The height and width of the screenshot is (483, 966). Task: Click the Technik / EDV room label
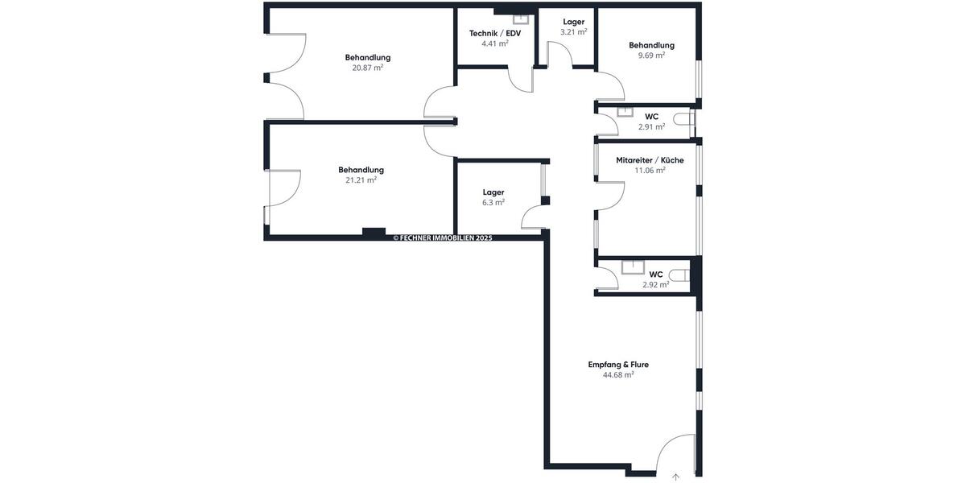(495, 33)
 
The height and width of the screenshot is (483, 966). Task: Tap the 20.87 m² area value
(367, 68)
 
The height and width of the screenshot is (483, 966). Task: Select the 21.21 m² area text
(361, 180)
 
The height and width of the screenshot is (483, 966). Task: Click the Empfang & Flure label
(618, 365)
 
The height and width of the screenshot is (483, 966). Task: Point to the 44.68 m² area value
(618, 375)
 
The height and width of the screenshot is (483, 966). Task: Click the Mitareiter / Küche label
(650, 160)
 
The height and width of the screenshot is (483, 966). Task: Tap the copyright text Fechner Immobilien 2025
(442, 238)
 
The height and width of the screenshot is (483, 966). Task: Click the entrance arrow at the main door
(675, 477)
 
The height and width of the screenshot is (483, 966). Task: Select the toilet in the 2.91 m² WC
(685, 120)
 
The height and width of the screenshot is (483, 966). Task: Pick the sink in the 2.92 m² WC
(634, 268)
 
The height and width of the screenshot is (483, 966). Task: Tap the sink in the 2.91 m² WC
(624, 112)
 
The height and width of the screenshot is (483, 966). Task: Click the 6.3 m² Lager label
(493, 192)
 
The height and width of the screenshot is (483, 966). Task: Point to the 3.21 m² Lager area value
(573, 32)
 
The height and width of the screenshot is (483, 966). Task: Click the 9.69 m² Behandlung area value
(651, 56)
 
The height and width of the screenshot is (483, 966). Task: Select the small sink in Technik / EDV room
(521, 18)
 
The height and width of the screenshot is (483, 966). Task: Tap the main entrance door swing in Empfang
(676, 451)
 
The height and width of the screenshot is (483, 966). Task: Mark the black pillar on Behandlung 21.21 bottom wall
(374, 233)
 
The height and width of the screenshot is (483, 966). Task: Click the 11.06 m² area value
(650, 171)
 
